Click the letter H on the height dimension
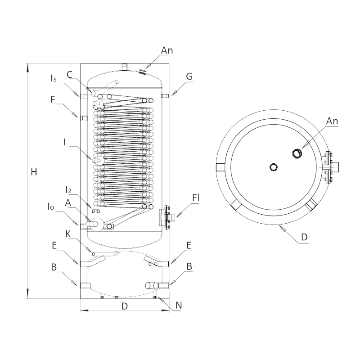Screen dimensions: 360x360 (x=33, y=172)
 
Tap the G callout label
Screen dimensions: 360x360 (x=189, y=76)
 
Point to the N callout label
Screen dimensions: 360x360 (x=178, y=305)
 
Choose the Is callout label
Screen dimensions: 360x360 (x=54, y=79)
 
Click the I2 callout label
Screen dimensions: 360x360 (x=69, y=189)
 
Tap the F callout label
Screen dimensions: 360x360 (x=53, y=100)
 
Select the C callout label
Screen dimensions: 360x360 (x=70, y=75)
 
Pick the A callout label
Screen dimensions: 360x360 (x=68, y=203)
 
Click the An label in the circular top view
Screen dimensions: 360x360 (x=332, y=121)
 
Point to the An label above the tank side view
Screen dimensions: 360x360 (x=167, y=51)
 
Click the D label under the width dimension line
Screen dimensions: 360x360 (x=125, y=306)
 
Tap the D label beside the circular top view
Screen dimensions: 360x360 (x=304, y=237)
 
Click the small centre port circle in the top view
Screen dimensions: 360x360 (x=274, y=167)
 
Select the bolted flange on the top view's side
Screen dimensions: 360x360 (x=329, y=167)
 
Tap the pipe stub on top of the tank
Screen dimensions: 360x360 (x=125, y=67)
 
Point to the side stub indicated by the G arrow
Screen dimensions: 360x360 (x=165, y=95)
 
